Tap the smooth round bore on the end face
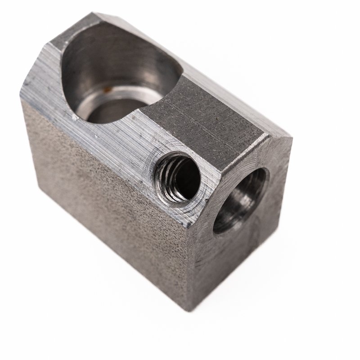tap(240, 199)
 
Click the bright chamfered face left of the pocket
tap(49, 85)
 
